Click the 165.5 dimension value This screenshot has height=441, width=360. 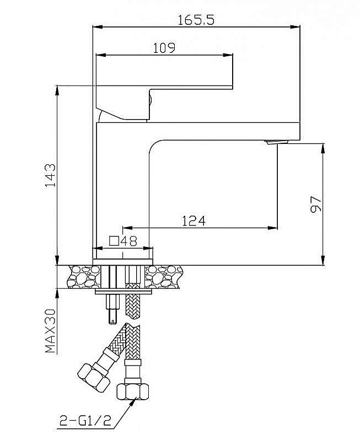tap(196, 20)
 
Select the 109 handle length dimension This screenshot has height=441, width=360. tap(164, 48)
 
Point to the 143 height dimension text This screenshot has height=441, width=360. tap(51, 175)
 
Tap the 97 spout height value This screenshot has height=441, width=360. tap(315, 204)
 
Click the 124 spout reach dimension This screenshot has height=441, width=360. tap(194, 221)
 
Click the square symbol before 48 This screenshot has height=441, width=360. tap(114, 241)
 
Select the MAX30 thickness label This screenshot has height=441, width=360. tap(51, 331)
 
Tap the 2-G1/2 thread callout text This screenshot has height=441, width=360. tap(85, 421)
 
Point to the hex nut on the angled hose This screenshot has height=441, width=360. tap(94, 378)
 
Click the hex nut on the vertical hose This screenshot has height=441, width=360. tap(133, 392)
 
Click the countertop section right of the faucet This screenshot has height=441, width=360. tap(164, 277)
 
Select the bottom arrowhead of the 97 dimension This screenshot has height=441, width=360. tap(323, 260)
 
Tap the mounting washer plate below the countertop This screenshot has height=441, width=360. tap(123, 292)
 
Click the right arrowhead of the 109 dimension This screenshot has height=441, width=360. tap(228, 55)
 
